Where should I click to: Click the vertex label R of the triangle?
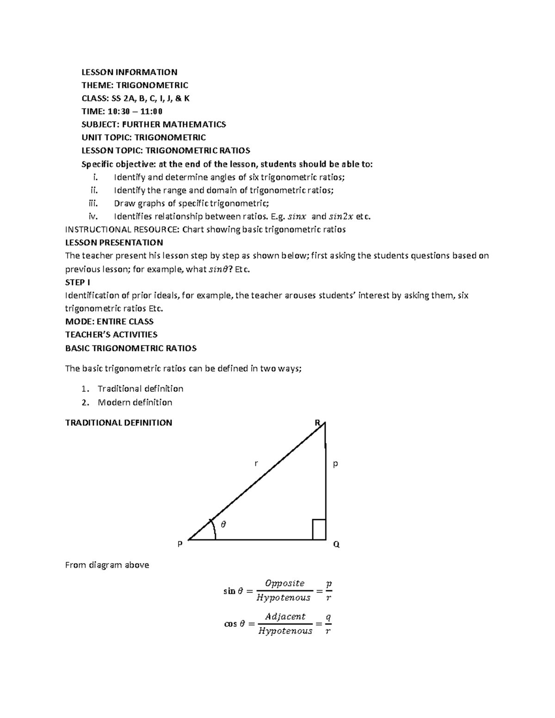pos(317,423)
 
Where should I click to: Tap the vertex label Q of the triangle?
pos(336,545)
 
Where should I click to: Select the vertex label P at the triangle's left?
pos(180,544)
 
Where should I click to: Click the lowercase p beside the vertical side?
pos(335,463)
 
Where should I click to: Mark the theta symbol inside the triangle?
pos(223,524)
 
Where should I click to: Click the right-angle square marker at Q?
pos(319,529)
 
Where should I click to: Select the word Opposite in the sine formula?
pos(284,583)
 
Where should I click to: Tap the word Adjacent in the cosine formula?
pos(285,617)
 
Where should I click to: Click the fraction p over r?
pos(328,590)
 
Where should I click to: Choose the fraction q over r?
pos(328,624)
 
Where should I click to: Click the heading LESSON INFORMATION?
pos(129,72)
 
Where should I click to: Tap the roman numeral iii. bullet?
pos(94,203)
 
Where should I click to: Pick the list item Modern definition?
pos(135,402)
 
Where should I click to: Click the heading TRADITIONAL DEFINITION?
pos(118,423)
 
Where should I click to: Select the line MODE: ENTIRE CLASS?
pos(109,321)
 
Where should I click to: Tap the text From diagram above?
pos(107,565)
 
